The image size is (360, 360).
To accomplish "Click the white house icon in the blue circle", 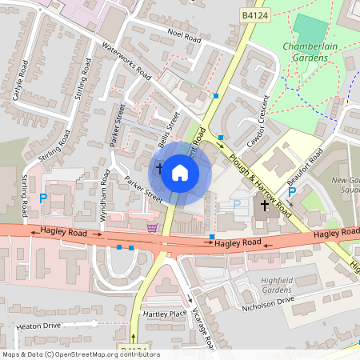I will click(180, 172).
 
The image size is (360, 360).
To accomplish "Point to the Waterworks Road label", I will click(127, 61).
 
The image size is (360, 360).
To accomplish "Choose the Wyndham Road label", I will click(105, 192).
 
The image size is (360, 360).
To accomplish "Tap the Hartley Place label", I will click(166, 314).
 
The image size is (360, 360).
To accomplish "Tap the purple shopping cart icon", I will click(152, 228).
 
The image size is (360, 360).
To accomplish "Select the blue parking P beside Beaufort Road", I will click(292, 192).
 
